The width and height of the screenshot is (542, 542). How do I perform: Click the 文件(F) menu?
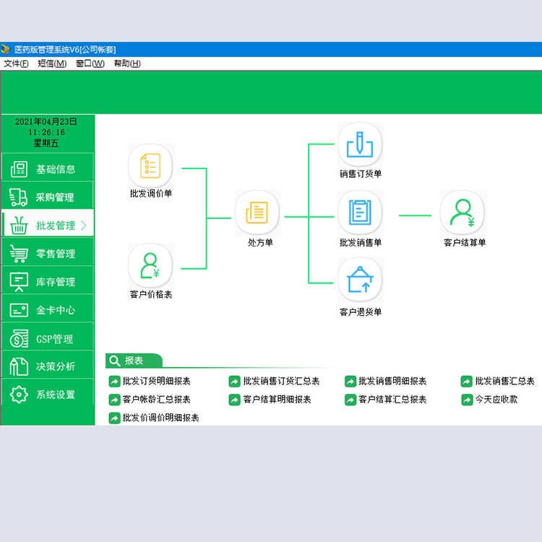tap(16, 64)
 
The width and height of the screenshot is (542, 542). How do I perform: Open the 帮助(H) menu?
tap(127, 64)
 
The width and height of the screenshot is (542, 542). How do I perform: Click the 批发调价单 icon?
tap(150, 166)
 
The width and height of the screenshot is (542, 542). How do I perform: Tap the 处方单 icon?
tap(257, 213)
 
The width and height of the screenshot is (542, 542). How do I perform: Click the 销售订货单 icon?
tap(360, 145)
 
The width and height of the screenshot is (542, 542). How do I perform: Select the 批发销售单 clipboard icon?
tap(360, 213)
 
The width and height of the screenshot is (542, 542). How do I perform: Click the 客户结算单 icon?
tap(463, 213)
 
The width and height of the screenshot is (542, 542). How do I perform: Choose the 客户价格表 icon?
tap(150, 266)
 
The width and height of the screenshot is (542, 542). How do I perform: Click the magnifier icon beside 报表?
tap(114, 361)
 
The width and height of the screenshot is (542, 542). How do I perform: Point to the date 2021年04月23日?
tap(46, 121)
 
